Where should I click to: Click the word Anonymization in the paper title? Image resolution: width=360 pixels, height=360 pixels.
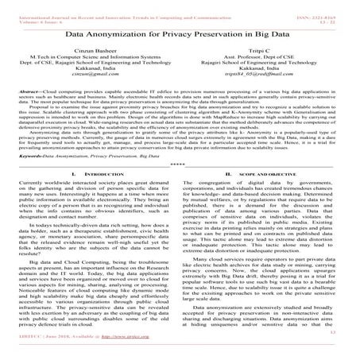coord(147,37)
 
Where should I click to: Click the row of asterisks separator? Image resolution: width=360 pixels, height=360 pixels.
coord(180,164)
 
